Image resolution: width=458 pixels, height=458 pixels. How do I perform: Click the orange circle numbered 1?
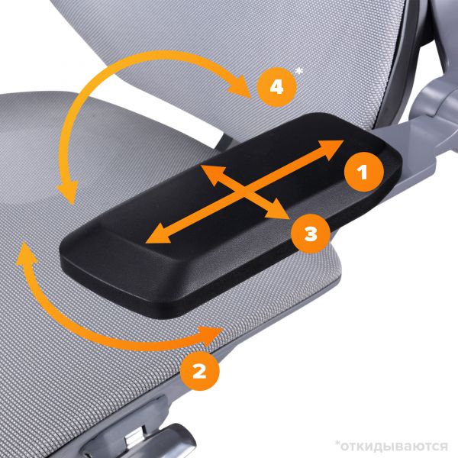click(363, 172)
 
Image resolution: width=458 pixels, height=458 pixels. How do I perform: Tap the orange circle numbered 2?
click(199, 371)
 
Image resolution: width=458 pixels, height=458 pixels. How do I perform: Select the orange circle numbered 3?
click(311, 234)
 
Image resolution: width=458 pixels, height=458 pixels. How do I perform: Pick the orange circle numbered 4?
click(276, 87)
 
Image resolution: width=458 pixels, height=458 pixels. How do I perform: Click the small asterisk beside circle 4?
click(299, 71)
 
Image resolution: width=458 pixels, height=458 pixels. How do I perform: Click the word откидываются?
click(395, 447)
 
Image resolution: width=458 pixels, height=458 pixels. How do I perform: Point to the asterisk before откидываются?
click(337, 443)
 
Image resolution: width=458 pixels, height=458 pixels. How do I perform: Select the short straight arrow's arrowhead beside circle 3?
click(278, 210)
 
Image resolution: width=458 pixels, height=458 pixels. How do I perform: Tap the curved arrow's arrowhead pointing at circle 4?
click(240, 86)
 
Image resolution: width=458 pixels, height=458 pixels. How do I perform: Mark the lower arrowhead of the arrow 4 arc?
click(68, 193)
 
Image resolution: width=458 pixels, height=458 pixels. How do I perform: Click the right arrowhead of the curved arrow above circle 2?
click(211, 335)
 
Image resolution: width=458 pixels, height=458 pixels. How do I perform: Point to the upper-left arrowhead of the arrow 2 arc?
click(26, 254)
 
